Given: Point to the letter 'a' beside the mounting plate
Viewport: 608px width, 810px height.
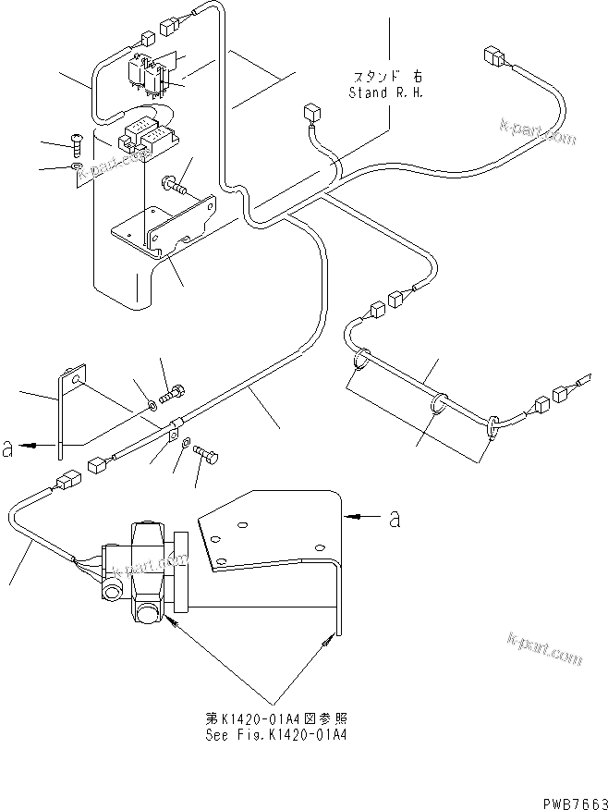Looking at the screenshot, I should point(395,519).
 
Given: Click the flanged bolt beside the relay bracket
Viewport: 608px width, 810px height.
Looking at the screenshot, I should point(176,187).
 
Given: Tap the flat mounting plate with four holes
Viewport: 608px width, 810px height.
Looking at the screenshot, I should point(268,536).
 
